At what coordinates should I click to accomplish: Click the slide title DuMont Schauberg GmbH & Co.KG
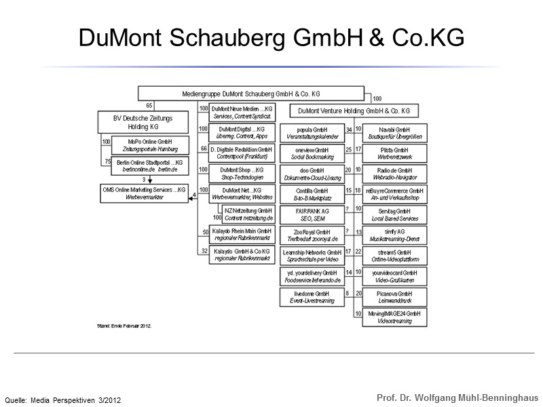(271, 38)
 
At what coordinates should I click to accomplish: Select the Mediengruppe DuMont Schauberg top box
(251, 93)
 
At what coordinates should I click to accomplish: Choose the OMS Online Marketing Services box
(143, 193)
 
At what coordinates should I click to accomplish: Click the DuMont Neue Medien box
(242, 111)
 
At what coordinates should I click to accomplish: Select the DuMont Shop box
(242, 173)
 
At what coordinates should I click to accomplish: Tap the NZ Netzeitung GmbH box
(248, 215)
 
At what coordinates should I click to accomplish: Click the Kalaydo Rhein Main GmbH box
(242, 235)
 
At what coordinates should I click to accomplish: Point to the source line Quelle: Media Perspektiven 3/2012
(63, 399)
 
